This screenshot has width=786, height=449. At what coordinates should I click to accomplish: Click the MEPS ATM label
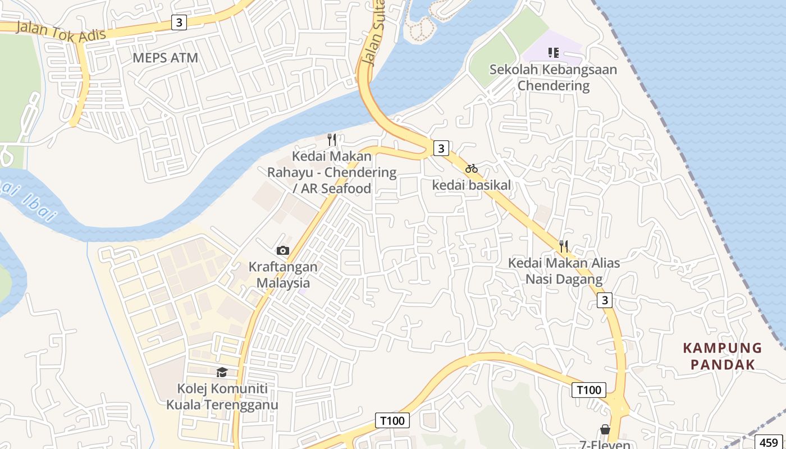pyautogui.click(x=165, y=58)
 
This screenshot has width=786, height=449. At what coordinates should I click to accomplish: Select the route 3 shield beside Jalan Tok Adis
pyautogui.click(x=179, y=22)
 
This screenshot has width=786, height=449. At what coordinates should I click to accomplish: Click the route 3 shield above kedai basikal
pyautogui.click(x=441, y=148)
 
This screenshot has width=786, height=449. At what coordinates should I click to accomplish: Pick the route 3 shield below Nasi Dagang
pyautogui.click(x=604, y=300)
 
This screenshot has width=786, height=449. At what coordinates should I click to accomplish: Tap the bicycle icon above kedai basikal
pyautogui.click(x=471, y=168)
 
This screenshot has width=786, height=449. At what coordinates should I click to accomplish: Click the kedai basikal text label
pyautogui.click(x=472, y=185)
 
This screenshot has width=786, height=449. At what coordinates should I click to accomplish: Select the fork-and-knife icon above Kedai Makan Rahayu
pyautogui.click(x=332, y=139)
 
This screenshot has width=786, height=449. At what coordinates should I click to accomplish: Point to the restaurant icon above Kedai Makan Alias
pyautogui.click(x=564, y=246)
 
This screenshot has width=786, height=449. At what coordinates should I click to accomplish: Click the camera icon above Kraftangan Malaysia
pyautogui.click(x=283, y=250)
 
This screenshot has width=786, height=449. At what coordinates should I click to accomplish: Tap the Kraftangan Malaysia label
pyautogui.click(x=283, y=275)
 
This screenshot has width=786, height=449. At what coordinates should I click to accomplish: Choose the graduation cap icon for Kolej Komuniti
pyautogui.click(x=222, y=372)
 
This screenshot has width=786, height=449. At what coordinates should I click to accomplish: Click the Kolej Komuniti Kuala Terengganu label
pyautogui.click(x=222, y=396)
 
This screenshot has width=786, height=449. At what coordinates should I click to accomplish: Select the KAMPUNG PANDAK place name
pyautogui.click(x=723, y=356)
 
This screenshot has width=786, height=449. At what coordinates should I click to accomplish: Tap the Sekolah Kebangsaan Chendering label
pyautogui.click(x=553, y=77)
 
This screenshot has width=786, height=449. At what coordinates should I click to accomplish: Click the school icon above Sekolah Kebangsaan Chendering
pyautogui.click(x=553, y=53)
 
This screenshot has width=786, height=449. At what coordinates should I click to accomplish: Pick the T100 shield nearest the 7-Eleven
pyautogui.click(x=588, y=390)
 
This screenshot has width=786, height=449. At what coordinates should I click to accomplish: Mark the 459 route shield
pyautogui.click(x=769, y=441)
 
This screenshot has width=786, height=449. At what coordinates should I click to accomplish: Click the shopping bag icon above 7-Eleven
pyautogui.click(x=605, y=429)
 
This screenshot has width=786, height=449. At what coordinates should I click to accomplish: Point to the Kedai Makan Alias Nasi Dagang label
pyautogui.click(x=564, y=271)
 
